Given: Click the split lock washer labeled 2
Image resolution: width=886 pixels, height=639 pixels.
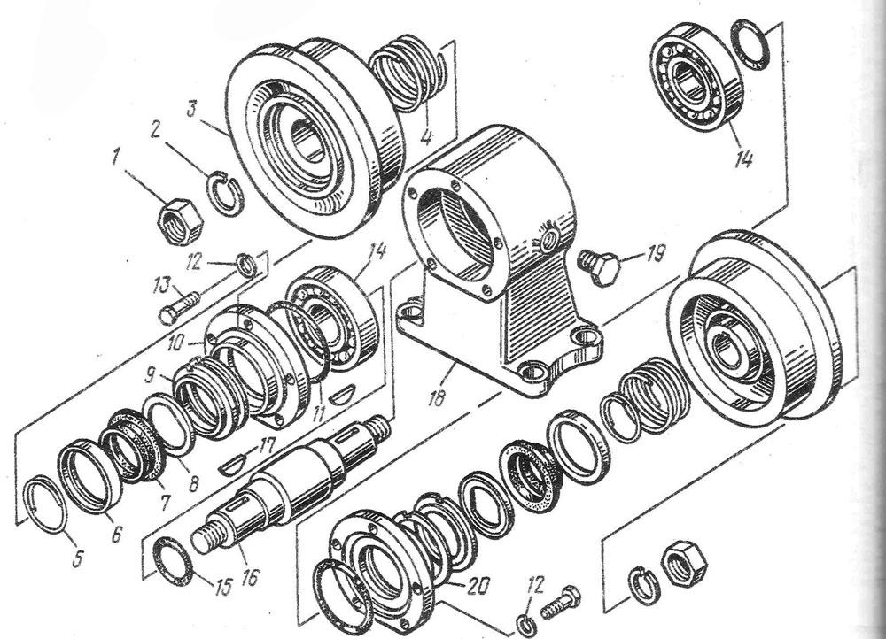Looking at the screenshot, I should pos(227,191).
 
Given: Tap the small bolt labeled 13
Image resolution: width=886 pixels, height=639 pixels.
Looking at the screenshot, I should pos(181,306).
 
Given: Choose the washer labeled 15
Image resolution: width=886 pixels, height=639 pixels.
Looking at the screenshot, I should pos(175,561).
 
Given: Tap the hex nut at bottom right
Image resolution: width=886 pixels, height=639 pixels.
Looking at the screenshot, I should pos(682,559).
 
